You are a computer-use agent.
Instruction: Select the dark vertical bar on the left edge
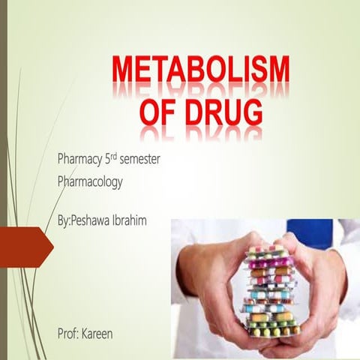coord(4,180)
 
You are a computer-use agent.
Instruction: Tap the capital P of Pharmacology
coord(61,181)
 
